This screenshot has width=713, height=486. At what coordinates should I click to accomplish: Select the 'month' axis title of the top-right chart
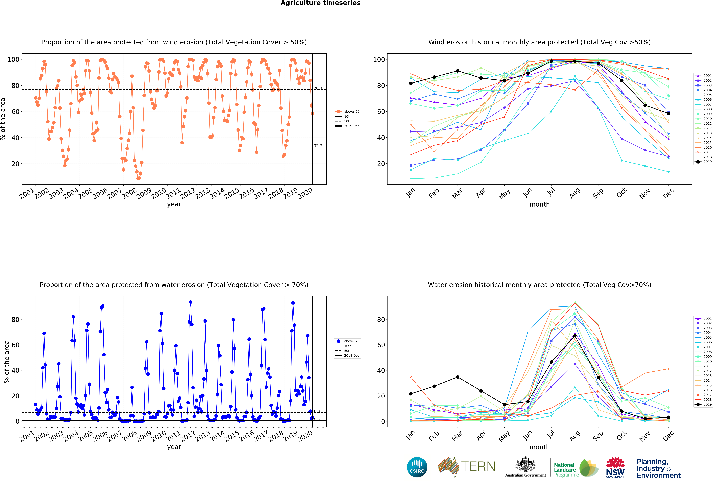pos(539,204)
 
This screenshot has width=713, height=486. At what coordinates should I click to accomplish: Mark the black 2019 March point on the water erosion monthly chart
pos(457,377)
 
